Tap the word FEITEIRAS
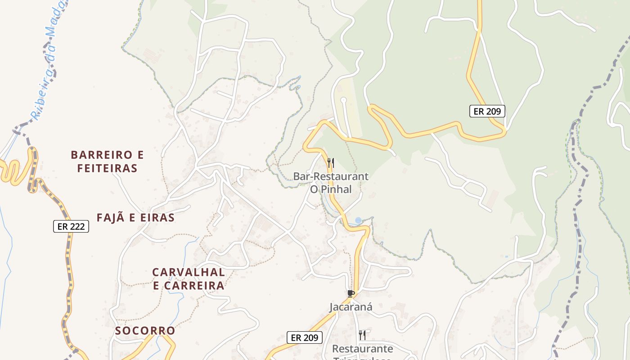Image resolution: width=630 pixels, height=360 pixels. point(107,169)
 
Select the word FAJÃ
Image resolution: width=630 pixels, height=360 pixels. point(109,218)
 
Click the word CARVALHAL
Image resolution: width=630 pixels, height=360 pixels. point(189,272)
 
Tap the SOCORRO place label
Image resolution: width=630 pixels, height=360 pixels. point(145,331)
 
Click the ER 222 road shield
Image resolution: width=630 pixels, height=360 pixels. point(71,226)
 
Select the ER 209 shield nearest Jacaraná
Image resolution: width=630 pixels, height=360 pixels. point(305,337)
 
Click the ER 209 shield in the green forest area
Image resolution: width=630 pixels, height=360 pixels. point(487,111)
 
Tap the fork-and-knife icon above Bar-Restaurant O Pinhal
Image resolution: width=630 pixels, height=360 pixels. point(330,163)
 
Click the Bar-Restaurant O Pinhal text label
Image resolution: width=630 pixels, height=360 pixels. point(331,183)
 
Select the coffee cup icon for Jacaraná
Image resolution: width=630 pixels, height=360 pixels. point(351,294)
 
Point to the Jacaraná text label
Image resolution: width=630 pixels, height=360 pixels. point(351,307)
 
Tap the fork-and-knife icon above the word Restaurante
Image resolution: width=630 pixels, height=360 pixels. point(362,335)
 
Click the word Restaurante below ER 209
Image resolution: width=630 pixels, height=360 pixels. point(362,349)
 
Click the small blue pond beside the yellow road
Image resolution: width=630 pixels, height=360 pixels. point(358,220)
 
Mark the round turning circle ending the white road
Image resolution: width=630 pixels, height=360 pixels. point(343,100)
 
